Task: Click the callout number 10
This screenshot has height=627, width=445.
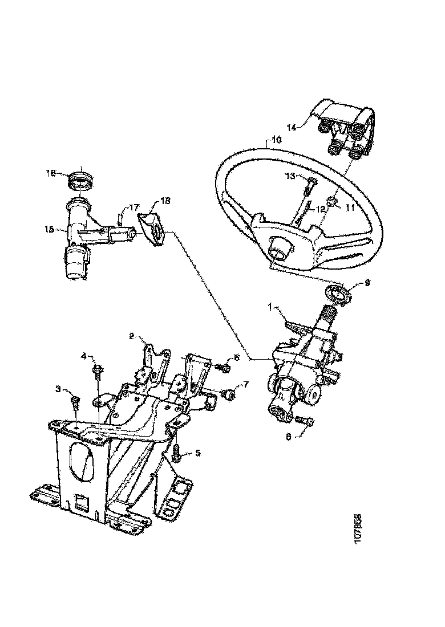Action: (275, 139)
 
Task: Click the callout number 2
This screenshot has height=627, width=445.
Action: (131, 336)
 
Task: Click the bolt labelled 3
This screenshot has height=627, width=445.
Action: (74, 402)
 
